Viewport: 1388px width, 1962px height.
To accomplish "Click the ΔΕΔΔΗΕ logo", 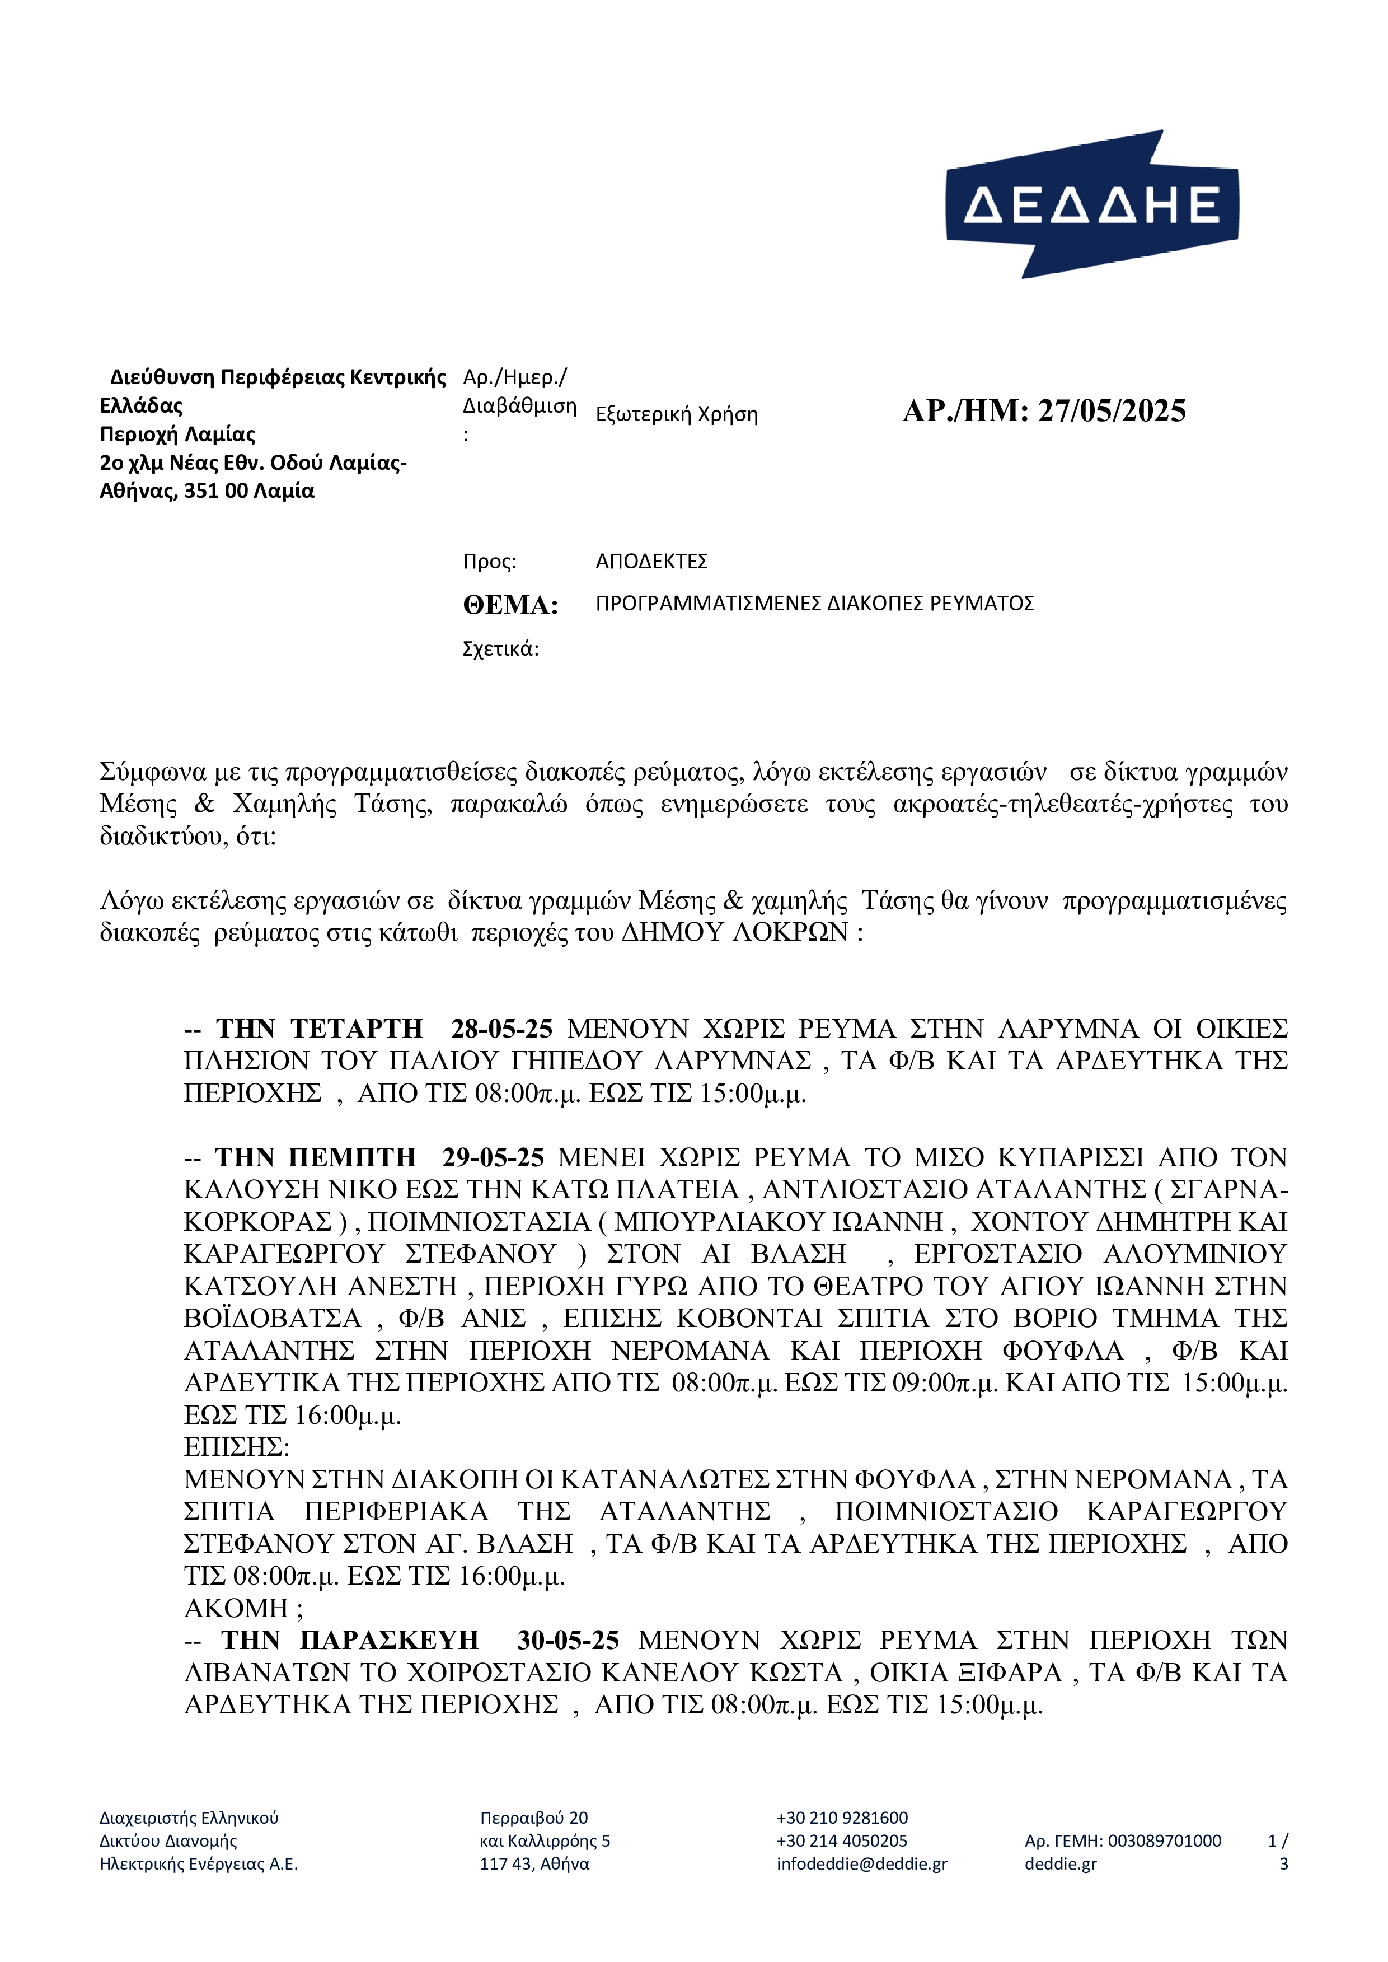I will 1091,204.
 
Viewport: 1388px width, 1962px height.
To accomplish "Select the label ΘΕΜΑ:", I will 510,605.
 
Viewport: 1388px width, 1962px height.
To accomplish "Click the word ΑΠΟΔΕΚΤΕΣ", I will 651,562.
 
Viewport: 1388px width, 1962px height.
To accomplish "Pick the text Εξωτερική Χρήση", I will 676,414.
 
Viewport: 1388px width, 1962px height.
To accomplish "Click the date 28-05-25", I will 501,1029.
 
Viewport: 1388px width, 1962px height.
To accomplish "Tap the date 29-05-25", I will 493,1157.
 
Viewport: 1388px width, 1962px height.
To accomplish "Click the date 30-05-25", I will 568,1641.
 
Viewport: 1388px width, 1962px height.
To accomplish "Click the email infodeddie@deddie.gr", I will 861,1863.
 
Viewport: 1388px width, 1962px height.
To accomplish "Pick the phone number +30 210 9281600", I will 842,1818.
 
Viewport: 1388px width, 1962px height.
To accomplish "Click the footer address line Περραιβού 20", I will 534,1818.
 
